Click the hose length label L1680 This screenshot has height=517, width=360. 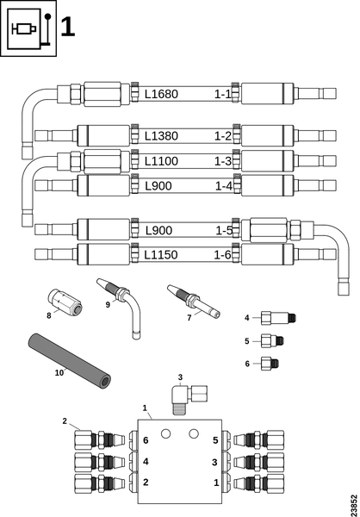(x=161, y=94)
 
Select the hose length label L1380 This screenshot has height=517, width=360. (x=161, y=136)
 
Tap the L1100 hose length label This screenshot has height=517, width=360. (x=161, y=161)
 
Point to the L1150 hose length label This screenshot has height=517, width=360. (x=161, y=255)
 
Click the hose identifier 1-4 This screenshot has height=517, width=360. (x=224, y=186)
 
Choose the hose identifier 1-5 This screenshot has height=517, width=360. (x=224, y=231)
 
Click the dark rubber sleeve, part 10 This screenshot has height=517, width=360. (x=69, y=362)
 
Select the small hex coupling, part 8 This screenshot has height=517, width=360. (x=65, y=302)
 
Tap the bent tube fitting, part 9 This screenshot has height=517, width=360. (x=121, y=307)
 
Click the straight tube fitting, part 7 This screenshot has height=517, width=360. (x=194, y=302)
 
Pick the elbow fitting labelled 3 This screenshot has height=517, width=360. (x=189, y=397)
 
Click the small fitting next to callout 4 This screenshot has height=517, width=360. (x=278, y=318)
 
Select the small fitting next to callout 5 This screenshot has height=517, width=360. (x=272, y=340)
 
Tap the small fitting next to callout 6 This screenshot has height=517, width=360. (x=270, y=364)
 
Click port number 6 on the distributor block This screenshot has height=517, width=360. (x=146, y=440)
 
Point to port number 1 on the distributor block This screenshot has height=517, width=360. (x=216, y=483)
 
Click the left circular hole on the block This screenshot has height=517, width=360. (x=166, y=434)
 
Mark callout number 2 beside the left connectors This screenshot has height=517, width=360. (x=65, y=421)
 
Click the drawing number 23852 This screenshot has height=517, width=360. (x=354, y=503)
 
